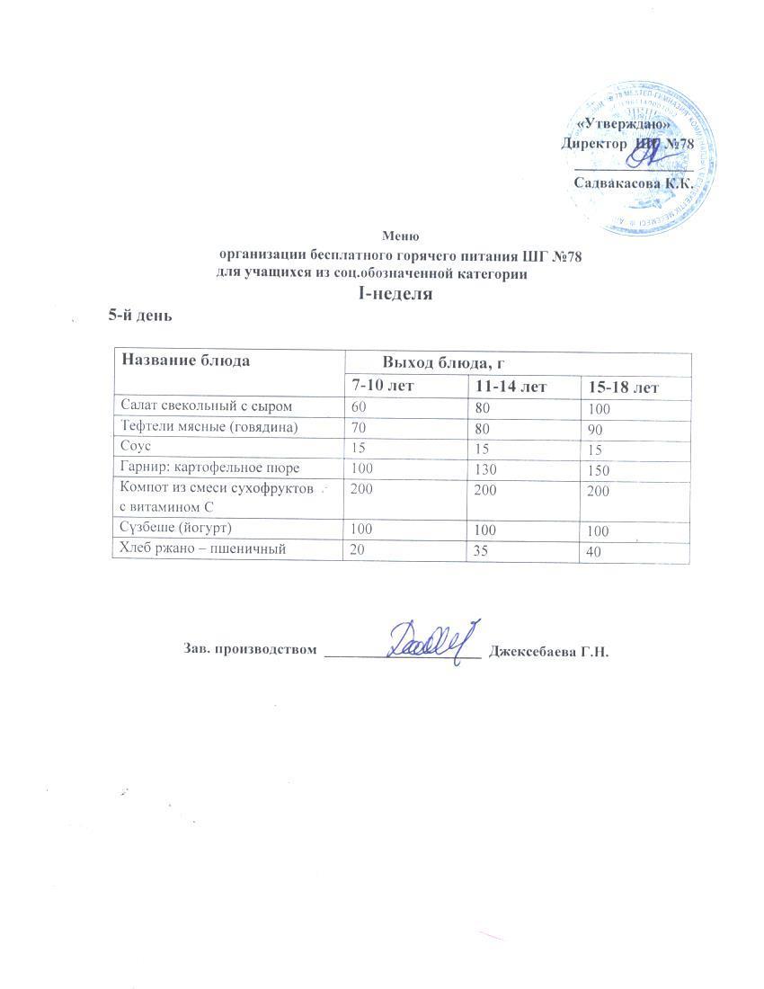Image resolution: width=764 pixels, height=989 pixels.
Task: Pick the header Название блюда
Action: (x=186, y=361)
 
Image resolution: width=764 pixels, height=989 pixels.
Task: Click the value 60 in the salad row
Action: (x=359, y=407)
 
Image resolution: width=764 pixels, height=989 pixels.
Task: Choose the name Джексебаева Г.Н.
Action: (x=548, y=652)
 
